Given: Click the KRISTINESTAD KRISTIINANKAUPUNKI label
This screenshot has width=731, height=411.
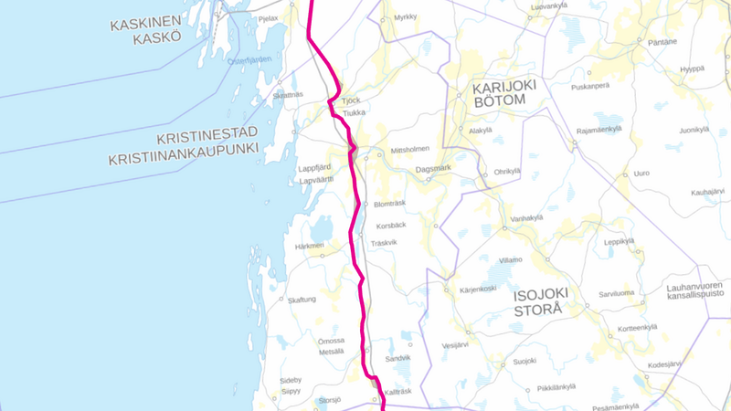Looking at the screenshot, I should (183, 148).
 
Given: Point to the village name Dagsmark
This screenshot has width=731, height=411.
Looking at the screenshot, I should (434, 168).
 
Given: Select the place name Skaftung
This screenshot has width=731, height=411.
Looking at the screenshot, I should (302, 300).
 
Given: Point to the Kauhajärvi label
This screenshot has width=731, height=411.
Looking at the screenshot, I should (707, 192).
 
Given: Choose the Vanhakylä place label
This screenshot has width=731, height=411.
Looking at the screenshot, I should (527, 217).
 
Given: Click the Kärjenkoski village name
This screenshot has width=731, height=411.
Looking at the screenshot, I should (477, 289).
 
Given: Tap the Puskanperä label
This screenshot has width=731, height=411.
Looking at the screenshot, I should (589, 86).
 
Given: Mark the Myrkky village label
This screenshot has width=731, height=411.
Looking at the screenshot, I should (405, 17).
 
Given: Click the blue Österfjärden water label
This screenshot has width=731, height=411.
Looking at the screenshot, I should (249, 59).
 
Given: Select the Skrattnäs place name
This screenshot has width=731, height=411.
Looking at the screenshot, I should (288, 94).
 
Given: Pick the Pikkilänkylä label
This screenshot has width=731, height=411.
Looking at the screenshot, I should (556, 386).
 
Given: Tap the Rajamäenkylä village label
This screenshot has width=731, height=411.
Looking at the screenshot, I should (599, 129).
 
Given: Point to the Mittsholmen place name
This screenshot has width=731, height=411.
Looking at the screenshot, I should (409, 149).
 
